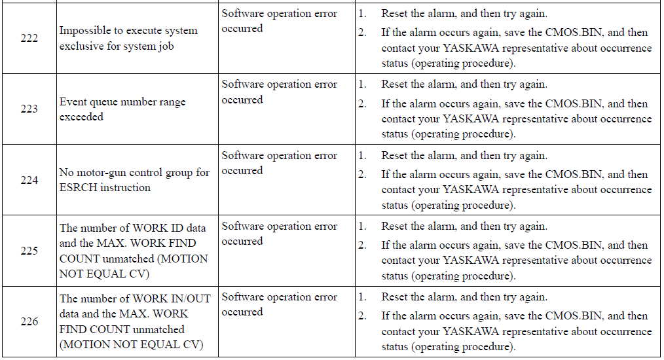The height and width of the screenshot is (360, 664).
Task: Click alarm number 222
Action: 29,38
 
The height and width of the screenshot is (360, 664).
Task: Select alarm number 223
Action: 29,109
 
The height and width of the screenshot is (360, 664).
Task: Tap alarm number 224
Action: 29,180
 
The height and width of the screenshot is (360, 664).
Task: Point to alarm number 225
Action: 29,251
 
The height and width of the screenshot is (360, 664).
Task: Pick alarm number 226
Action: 29,321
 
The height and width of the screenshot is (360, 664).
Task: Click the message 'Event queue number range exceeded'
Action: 122,109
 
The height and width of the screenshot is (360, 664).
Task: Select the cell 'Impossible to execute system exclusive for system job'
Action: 128,38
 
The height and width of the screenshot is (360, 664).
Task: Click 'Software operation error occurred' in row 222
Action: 279,21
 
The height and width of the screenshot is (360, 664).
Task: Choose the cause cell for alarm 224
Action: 279,163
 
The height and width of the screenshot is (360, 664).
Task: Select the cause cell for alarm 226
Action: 279,304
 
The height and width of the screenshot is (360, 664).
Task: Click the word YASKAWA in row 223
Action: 470,119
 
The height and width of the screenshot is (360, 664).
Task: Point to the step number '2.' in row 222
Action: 363,33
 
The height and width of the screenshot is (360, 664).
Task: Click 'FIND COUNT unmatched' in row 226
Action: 122,329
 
